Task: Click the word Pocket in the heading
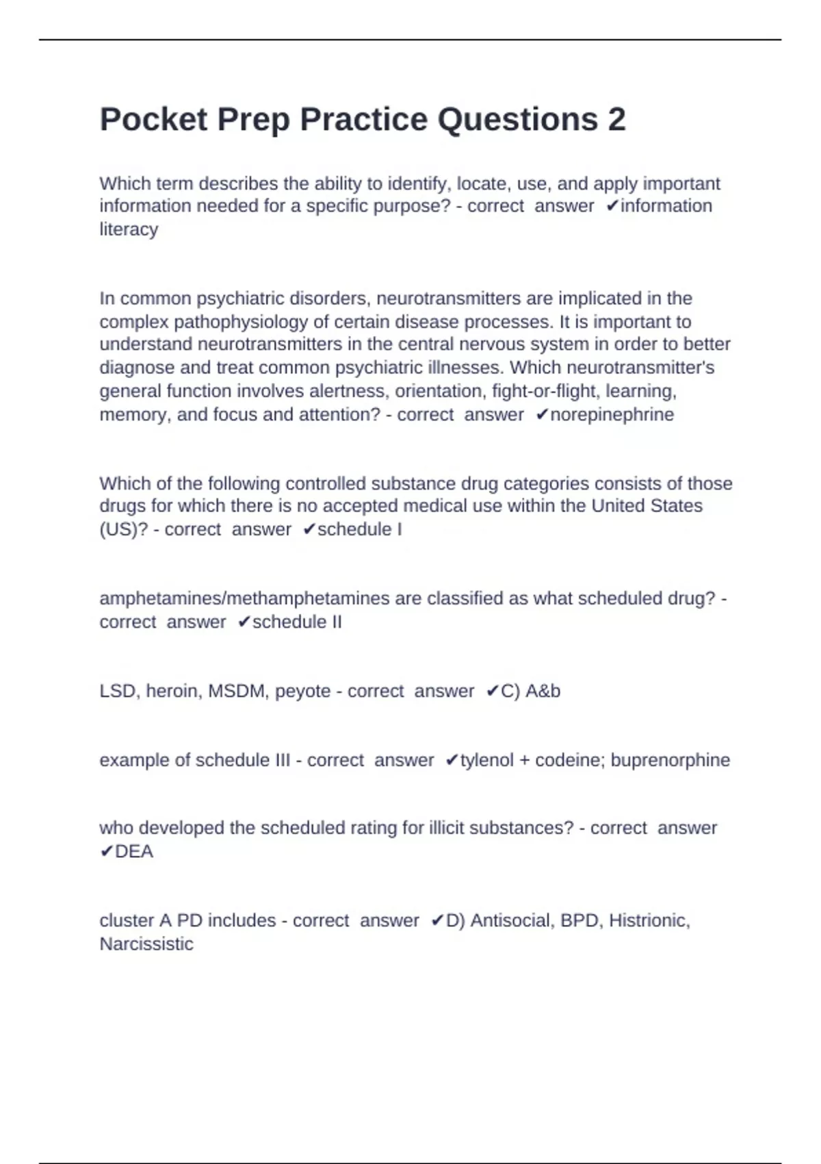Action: point(153,120)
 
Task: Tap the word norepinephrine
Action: point(612,415)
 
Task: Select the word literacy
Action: point(129,229)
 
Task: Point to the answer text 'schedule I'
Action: point(359,530)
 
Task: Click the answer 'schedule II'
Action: point(297,622)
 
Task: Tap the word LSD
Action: point(117,692)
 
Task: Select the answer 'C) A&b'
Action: point(530,692)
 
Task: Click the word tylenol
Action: point(486,761)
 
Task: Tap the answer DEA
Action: point(134,852)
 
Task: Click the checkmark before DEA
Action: point(106,852)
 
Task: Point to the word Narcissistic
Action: point(146,944)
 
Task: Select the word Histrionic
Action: point(649,921)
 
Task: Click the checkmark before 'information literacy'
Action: point(612,206)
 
